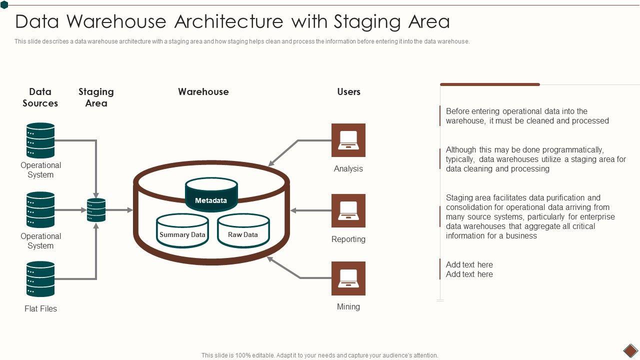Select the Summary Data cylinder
pyautogui.click(x=182, y=231)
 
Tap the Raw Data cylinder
pyautogui.click(x=243, y=231)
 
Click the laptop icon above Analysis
pyautogui.click(x=348, y=140)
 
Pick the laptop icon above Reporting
pyautogui.click(x=348, y=210)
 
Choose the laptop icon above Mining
pyautogui.click(x=348, y=278)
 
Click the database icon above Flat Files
pyautogui.click(x=40, y=279)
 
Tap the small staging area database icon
pyautogui.click(x=96, y=210)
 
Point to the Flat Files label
pyautogui.click(x=40, y=308)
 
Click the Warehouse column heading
pyautogui.click(x=203, y=91)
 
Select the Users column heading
pyautogui.click(x=348, y=91)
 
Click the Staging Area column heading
pyautogui.click(x=96, y=97)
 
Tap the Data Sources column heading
pyautogui.click(x=40, y=97)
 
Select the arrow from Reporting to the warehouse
pyautogui.click(x=310, y=210)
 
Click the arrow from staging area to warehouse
pyautogui.click(x=119, y=210)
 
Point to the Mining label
pyautogui.click(x=348, y=306)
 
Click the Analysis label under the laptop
pyautogui.click(x=348, y=168)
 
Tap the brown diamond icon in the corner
pyautogui.click(x=630, y=350)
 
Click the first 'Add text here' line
pyautogui.click(x=469, y=264)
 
